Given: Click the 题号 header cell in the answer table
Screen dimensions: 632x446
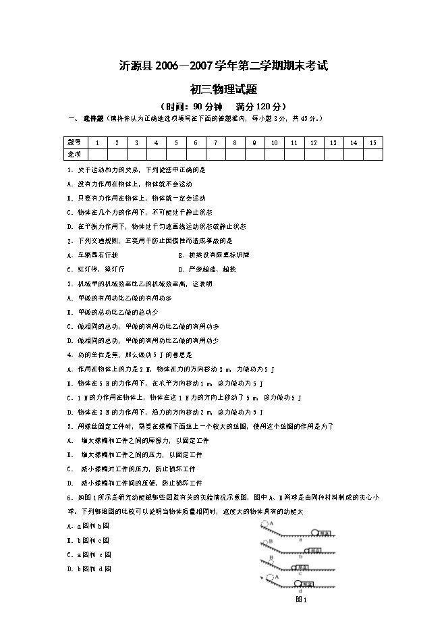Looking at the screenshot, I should [x=74, y=142].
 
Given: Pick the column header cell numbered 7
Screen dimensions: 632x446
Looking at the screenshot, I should [x=215, y=142].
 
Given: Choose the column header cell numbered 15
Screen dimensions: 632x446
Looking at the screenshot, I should [x=372, y=142].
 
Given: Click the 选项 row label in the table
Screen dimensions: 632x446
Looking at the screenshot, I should [x=74, y=154].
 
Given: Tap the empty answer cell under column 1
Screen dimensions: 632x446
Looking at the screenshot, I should [x=98, y=154].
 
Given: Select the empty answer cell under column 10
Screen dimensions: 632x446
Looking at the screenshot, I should [x=275, y=154].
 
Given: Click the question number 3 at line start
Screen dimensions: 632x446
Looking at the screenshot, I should [x=69, y=284].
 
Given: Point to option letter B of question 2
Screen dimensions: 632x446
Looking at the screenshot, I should [x=181, y=255].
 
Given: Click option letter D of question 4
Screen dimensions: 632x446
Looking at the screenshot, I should [x=69, y=412].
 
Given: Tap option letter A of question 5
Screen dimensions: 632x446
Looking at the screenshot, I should [x=69, y=440].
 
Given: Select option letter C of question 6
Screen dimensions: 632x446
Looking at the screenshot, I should [x=69, y=554].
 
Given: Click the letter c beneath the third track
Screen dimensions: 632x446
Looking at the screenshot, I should [x=300, y=574].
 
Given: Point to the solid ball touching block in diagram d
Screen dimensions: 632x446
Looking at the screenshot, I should [x=297, y=583].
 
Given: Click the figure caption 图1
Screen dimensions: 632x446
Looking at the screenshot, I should [x=301, y=599].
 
